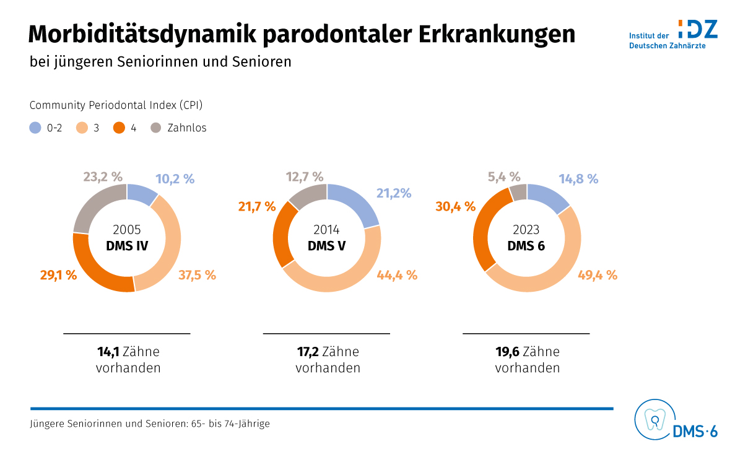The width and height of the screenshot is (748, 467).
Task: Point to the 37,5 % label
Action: coord(197,275)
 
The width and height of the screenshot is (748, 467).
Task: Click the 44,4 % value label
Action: coord(397,275)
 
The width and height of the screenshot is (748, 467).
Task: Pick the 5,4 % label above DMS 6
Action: coord(504,178)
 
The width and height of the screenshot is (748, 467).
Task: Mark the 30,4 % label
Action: coord(455,206)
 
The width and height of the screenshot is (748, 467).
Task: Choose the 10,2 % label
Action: coord(175,179)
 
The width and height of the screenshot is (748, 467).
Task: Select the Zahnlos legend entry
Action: coord(186,128)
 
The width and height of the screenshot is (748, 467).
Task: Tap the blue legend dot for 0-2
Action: coord(35,128)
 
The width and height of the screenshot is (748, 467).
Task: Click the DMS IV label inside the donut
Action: coord(127,245)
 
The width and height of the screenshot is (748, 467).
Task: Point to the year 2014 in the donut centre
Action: coord(326,230)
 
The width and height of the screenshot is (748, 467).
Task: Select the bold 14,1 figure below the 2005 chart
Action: coord(108,352)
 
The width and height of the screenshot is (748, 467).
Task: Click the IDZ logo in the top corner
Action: coord(697,29)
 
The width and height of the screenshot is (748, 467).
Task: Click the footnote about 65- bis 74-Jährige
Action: coord(150,424)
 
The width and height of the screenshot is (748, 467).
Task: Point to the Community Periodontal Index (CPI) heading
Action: coord(116,105)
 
